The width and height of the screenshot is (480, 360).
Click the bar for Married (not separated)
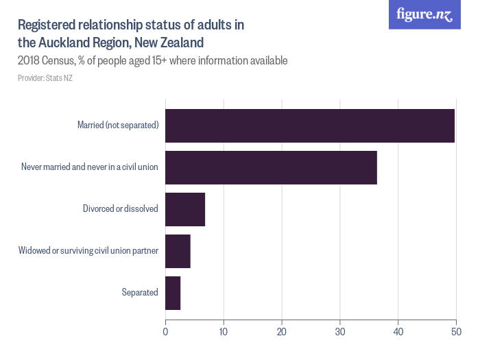pyautogui.click(x=310, y=125)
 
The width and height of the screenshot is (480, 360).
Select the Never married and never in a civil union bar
pyautogui.click(x=271, y=167)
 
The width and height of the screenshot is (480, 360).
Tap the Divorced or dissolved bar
pyautogui.click(x=185, y=209)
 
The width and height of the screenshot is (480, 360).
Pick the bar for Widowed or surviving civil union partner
pyautogui.click(x=178, y=251)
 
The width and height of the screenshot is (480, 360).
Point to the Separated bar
pyautogui.click(x=173, y=293)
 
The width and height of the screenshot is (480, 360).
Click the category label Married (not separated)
pyautogui.click(x=118, y=125)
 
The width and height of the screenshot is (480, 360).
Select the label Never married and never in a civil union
pyautogui.click(x=90, y=167)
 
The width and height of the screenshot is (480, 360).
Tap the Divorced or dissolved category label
pyautogui.click(x=121, y=209)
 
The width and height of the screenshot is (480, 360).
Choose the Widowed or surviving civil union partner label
pyautogui.click(x=88, y=251)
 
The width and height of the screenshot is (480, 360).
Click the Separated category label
pyautogui.click(x=140, y=293)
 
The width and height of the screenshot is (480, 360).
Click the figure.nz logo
pyautogui.click(x=424, y=15)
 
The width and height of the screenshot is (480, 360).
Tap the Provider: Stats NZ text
pyautogui.click(x=45, y=78)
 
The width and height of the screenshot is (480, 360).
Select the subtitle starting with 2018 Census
pyautogui.click(x=152, y=61)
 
